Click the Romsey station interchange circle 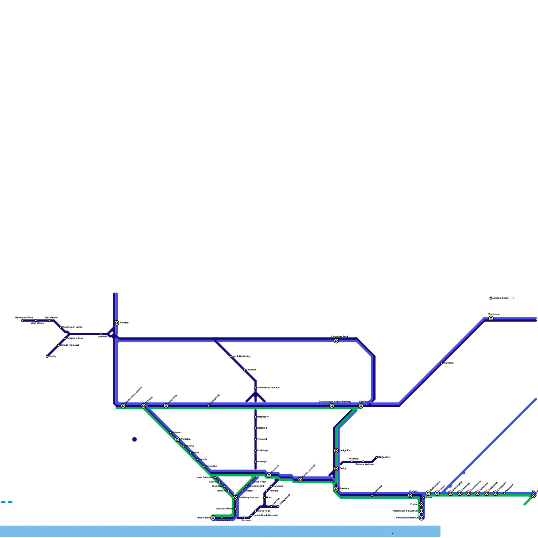[117, 323]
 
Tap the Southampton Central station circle [123, 406]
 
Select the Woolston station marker [177, 439]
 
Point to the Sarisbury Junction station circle [235, 498]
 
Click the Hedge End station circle [336, 451]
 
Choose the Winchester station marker [491, 318]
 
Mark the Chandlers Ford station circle [336, 341]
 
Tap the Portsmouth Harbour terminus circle [421, 518]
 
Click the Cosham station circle [410, 496]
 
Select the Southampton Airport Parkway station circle [332, 406]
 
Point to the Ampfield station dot [101, 334]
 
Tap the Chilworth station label [251, 370]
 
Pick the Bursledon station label [211, 466]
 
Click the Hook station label [269, 497]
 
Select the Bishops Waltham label [365, 464]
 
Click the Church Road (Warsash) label [265, 515]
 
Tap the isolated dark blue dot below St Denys [134, 439]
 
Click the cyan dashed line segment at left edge [7, 502]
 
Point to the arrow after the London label [511, 298]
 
